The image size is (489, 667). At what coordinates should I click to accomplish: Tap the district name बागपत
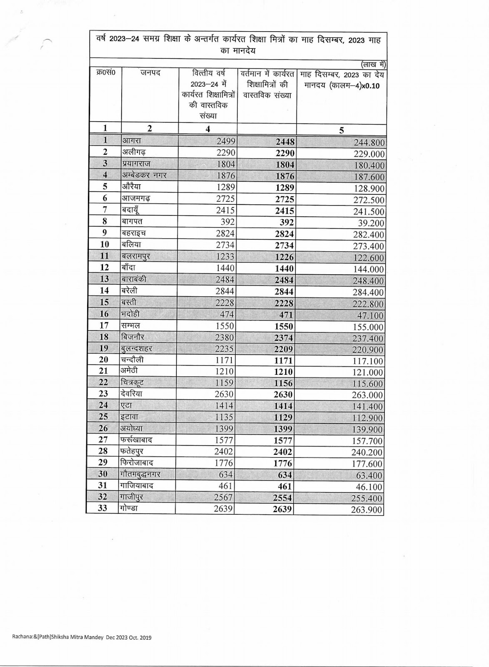pos(132,221)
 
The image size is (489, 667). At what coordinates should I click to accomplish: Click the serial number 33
pos(103,508)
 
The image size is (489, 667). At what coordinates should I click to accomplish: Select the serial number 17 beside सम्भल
pos(104,326)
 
